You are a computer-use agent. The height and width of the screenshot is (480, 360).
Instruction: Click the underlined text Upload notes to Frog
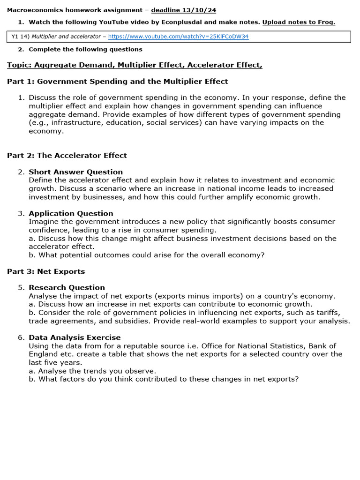click(299, 22)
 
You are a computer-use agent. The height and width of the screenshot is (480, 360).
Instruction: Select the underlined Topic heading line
click(135, 65)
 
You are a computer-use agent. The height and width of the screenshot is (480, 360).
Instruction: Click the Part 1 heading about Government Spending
click(118, 82)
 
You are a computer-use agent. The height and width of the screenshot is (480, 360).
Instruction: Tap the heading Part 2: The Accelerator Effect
click(67, 156)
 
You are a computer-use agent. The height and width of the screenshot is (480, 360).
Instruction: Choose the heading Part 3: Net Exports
click(46, 271)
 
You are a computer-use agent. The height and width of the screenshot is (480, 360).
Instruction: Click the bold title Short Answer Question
click(75, 172)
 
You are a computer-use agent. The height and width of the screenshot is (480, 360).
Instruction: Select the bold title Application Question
click(71, 213)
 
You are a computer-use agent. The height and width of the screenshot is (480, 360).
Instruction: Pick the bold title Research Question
click(67, 288)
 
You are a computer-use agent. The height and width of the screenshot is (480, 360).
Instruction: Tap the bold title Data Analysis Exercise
click(75, 337)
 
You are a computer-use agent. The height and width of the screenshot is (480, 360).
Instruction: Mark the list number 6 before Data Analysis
click(21, 337)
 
